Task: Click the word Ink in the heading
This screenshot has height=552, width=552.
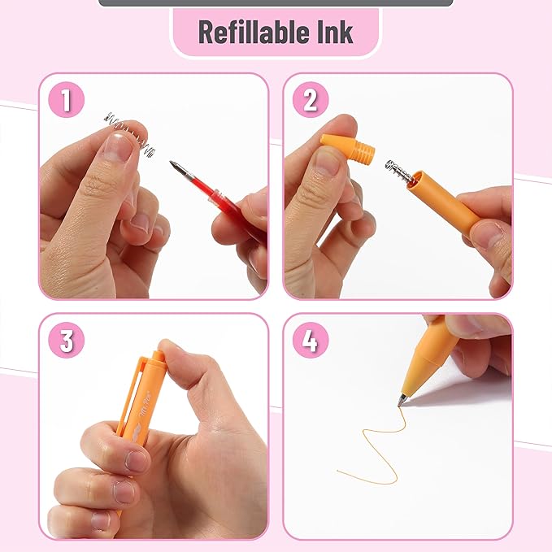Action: click(x=335, y=33)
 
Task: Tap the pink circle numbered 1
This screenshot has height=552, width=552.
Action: click(x=67, y=101)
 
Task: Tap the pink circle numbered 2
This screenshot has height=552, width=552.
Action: click(x=310, y=101)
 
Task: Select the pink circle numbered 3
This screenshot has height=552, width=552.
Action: click(x=67, y=341)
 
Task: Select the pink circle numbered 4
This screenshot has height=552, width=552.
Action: click(x=310, y=341)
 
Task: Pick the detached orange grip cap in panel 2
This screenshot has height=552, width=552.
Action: click(x=350, y=150)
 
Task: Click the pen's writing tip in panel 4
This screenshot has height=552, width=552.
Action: click(x=402, y=399)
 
